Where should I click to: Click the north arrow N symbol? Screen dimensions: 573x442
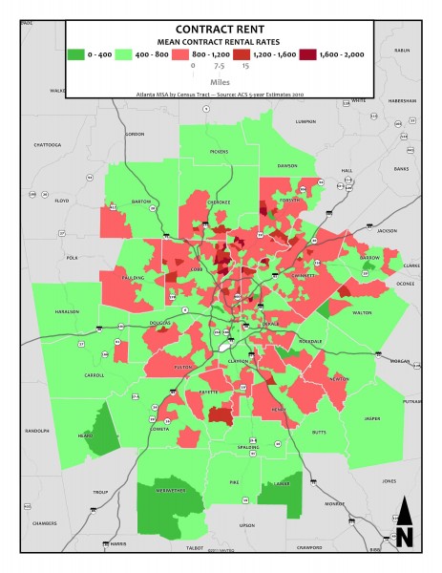tap(404, 525)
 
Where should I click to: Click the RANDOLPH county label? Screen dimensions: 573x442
tap(36, 430)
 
